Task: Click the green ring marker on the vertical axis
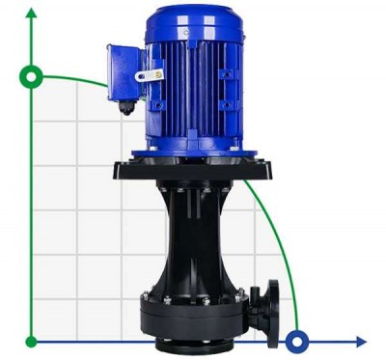pyautogui.click(x=33, y=75)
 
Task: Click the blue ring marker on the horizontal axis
pyautogui.click(x=298, y=341)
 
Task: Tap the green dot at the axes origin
pyautogui.click(x=33, y=341)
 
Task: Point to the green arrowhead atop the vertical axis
pyautogui.click(x=33, y=12)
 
